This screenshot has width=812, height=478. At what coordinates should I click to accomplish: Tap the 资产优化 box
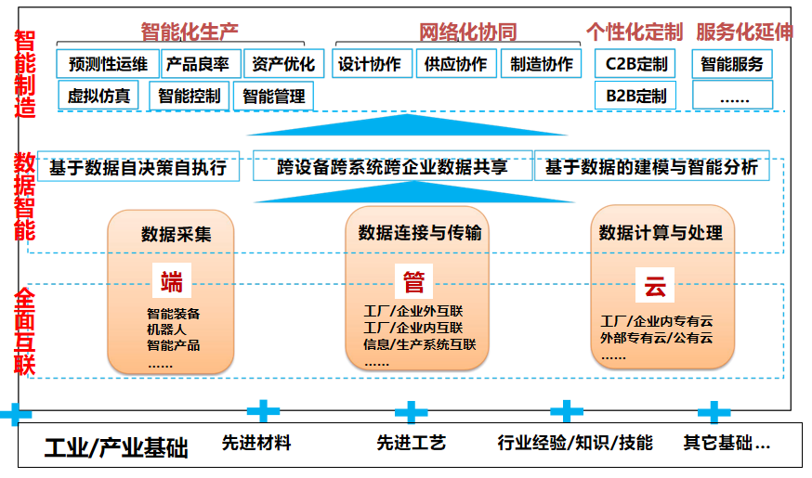point(283,64)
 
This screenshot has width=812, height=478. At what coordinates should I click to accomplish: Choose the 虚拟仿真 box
point(98,95)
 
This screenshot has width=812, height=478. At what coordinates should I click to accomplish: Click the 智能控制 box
point(189,95)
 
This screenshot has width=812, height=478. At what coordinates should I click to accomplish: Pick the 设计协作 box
point(369,64)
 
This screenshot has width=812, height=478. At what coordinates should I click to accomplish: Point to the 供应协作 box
point(454,64)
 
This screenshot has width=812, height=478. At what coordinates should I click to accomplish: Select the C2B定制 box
point(635,64)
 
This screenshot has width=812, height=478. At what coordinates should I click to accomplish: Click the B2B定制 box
point(635,95)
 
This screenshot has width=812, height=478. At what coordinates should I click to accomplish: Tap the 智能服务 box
point(732,64)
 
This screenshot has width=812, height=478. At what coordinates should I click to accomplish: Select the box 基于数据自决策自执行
point(138,168)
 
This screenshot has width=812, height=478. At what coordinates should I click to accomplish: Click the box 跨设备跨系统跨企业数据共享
point(392,168)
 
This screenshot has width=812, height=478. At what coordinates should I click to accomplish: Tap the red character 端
point(172,281)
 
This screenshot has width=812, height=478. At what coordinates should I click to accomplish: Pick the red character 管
point(413,281)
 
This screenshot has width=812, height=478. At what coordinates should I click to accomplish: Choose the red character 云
point(655,287)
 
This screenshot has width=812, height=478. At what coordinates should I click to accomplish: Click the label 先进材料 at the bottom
point(256,443)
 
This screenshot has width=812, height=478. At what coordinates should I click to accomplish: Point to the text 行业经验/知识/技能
point(575,443)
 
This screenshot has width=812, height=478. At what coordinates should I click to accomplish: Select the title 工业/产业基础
point(116,448)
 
